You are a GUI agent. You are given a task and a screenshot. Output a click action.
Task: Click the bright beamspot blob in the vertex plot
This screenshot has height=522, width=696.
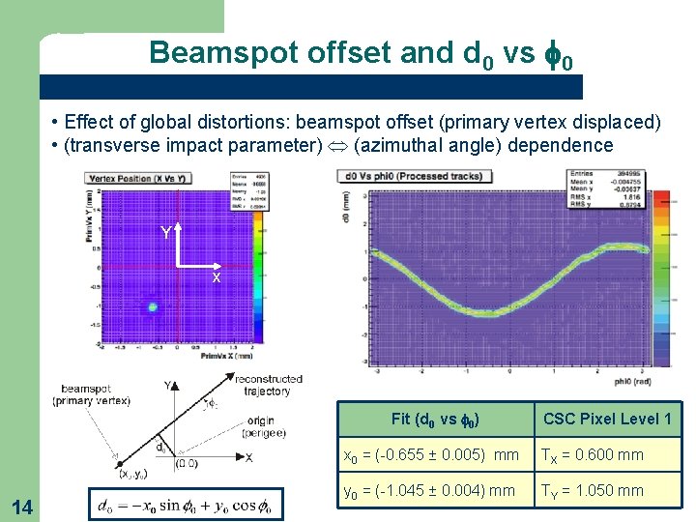click(x=152, y=306)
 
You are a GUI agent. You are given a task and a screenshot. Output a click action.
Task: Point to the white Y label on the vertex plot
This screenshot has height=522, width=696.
click(x=166, y=233)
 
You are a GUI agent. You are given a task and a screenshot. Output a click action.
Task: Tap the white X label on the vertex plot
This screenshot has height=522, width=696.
click(x=217, y=277)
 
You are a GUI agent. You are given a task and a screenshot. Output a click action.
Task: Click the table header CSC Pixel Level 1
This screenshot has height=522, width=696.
click(x=607, y=419)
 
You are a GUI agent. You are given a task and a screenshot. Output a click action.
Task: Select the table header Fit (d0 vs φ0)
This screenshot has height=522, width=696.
click(x=436, y=419)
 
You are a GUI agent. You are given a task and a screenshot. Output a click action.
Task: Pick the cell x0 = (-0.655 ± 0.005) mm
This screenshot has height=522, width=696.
click(x=434, y=454)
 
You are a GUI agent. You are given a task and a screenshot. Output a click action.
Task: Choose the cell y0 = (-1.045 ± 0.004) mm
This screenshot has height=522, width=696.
click(x=434, y=490)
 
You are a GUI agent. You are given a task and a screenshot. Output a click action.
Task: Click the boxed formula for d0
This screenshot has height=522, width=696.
click(x=185, y=505)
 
